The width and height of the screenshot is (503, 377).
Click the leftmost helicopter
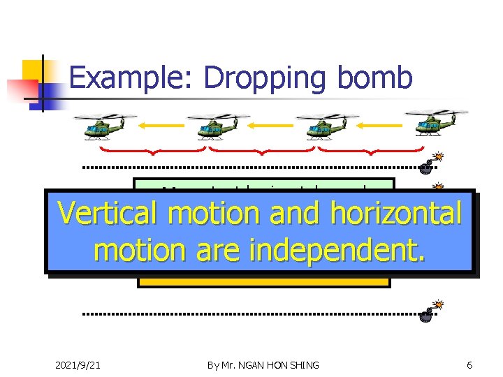[x=105, y=125]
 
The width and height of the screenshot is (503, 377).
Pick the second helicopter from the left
[x=213, y=126]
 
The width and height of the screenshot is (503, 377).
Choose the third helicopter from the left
[x=322, y=126]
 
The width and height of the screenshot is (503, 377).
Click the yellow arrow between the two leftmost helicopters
[x=161, y=126]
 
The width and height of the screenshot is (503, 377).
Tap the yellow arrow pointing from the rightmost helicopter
[x=380, y=126]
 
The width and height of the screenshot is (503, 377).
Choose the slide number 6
[x=469, y=365]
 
